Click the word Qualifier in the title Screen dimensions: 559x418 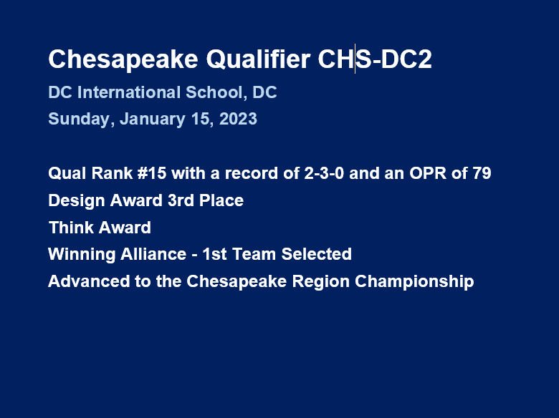258,59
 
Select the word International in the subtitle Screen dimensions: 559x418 129,92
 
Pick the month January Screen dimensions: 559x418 152,119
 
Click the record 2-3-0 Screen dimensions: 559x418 324,173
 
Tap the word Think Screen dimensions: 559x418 70,228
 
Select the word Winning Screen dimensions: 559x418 82,255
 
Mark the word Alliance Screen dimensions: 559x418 153,254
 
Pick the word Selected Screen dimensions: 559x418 316,254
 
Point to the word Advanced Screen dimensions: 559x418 89,281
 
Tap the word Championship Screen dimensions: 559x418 414,281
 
